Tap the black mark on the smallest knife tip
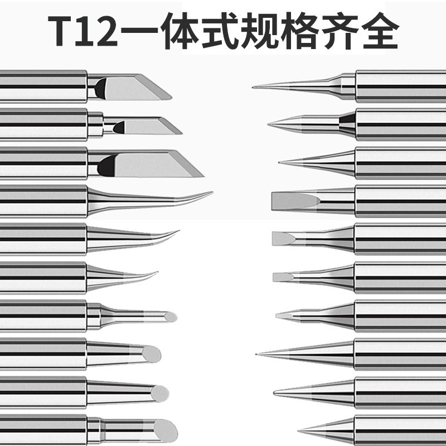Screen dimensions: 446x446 point(119,127)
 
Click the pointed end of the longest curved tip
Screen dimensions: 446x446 point(212,192)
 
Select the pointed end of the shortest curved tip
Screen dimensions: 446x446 point(157,272)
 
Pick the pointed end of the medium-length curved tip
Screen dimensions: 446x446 point(178,231)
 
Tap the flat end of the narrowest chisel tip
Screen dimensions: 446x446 point(275,277)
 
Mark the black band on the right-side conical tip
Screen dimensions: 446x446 point(347,119)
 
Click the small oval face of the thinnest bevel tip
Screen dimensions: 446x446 point(171,317)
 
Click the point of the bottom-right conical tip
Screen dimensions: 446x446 point(299,430)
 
